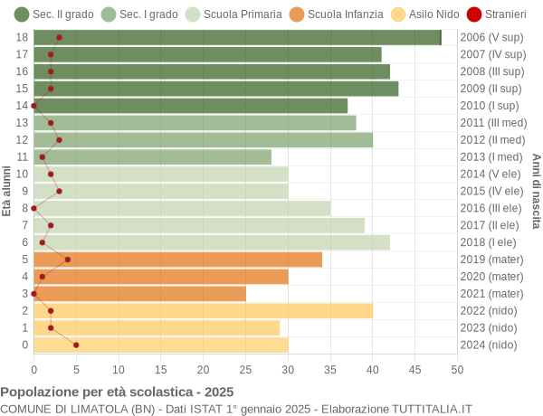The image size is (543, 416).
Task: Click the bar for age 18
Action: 237,37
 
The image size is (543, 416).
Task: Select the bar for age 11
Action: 152,157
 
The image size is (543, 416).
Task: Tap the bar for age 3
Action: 139,294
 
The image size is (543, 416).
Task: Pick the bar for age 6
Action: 212,242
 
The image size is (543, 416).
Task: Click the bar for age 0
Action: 160,345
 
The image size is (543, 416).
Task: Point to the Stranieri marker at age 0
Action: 76,345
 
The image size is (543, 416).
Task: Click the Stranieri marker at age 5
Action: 68,260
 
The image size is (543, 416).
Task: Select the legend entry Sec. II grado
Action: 53,14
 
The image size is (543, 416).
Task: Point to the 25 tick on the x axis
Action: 245,369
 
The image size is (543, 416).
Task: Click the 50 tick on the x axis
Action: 457,369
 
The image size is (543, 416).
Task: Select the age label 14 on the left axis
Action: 23,106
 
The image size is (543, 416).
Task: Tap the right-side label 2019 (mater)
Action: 491,260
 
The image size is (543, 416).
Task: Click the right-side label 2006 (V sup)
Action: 491,37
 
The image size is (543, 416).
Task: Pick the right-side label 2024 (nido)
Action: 489,345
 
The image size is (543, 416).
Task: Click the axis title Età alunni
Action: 7,191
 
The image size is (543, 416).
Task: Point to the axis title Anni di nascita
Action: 536,191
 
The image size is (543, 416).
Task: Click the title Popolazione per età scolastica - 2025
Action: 117,392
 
